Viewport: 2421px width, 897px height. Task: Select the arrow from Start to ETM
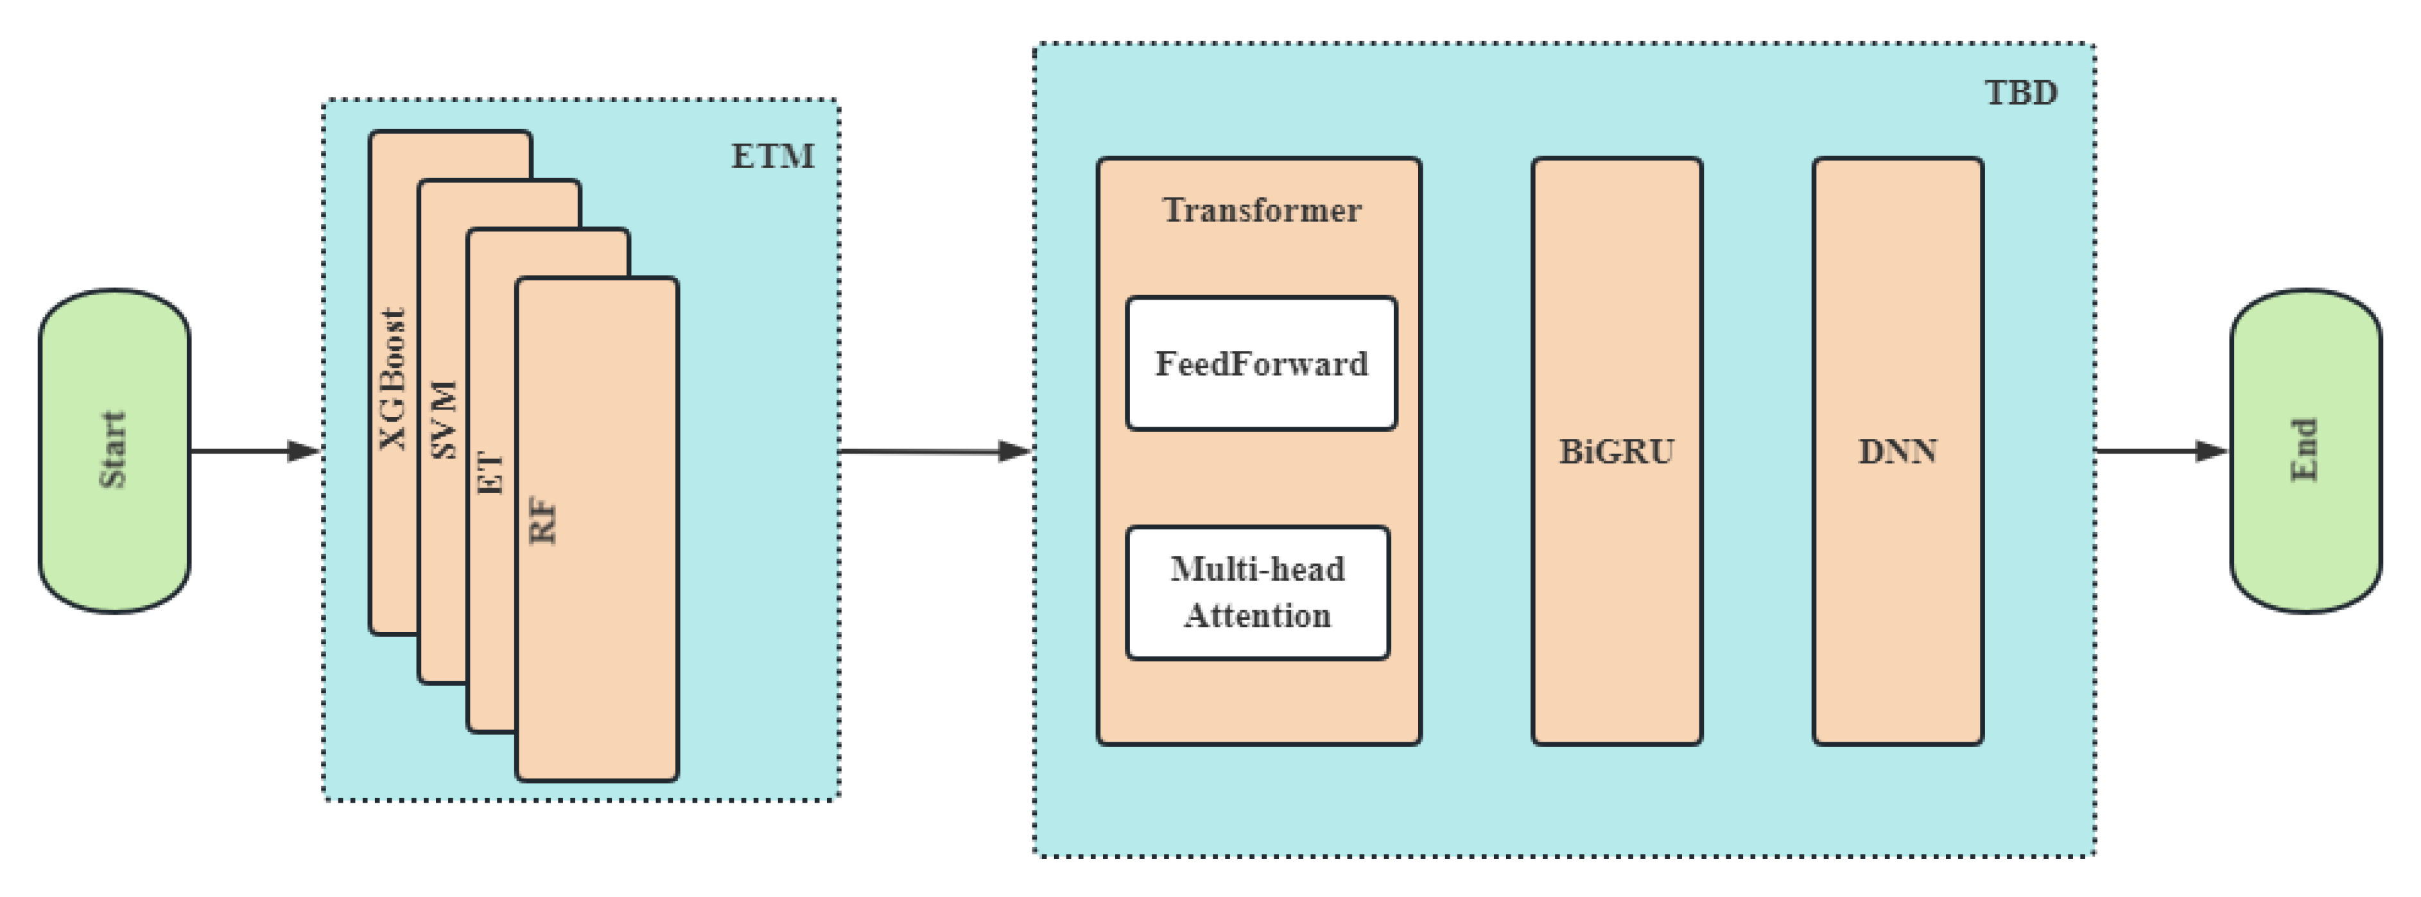click(245, 451)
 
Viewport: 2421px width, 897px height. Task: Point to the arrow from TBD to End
click(2152, 451)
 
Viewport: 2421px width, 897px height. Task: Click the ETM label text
click(772, 156)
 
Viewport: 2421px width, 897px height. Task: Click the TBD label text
click(2020, 93)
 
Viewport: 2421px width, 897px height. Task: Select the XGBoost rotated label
click(393, 379)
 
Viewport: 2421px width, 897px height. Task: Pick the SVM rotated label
click(444, 419)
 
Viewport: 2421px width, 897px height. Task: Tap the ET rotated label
click(490, 472)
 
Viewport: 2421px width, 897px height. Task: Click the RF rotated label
click(543, 520)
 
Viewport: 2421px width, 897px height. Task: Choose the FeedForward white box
click(1262, 364)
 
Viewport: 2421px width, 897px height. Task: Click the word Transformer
click(1262, 209)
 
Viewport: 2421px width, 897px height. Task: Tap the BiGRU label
click(1617, 452)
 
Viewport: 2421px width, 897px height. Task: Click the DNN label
click(1898, 452)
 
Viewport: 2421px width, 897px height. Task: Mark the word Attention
click(1258, 616)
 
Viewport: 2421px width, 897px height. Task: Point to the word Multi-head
click(1258, 569)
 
